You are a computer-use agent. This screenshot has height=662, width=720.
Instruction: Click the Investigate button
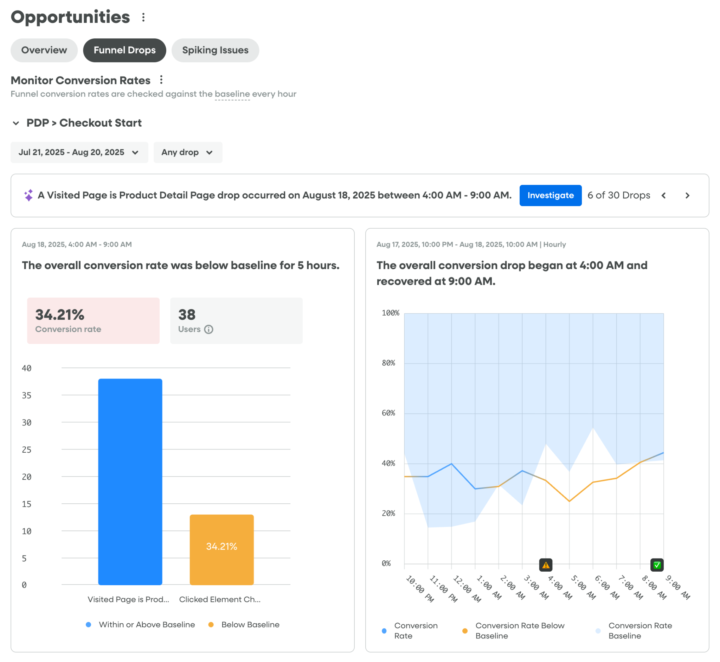550,195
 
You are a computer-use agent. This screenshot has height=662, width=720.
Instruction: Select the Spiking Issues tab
215,50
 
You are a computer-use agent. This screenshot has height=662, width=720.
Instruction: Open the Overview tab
44,50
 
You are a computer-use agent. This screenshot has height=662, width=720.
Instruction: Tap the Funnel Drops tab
124,50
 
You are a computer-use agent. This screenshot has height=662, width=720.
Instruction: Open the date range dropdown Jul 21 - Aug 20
79,152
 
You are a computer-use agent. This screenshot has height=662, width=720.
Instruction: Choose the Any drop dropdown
188,152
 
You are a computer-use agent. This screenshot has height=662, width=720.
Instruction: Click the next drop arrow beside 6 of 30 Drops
687,196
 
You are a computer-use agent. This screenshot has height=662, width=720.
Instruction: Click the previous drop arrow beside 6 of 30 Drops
663,196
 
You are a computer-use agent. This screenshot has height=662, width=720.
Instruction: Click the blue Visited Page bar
130,482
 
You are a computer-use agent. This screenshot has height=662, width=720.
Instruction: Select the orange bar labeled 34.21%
221,549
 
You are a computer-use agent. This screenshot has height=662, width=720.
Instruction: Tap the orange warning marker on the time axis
546,565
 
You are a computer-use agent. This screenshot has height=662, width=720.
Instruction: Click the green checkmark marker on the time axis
657,565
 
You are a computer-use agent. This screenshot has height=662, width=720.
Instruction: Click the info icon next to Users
208,329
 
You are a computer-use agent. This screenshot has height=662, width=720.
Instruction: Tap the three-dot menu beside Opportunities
143,17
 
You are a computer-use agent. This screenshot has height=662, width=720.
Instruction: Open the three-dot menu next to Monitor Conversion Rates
161,79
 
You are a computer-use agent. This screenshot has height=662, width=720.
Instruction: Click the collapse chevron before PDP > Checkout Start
16,123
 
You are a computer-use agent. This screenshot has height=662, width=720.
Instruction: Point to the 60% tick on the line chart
388,413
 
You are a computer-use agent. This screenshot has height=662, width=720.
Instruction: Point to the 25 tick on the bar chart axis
26,450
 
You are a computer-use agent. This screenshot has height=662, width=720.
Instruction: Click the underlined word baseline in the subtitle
232,94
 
